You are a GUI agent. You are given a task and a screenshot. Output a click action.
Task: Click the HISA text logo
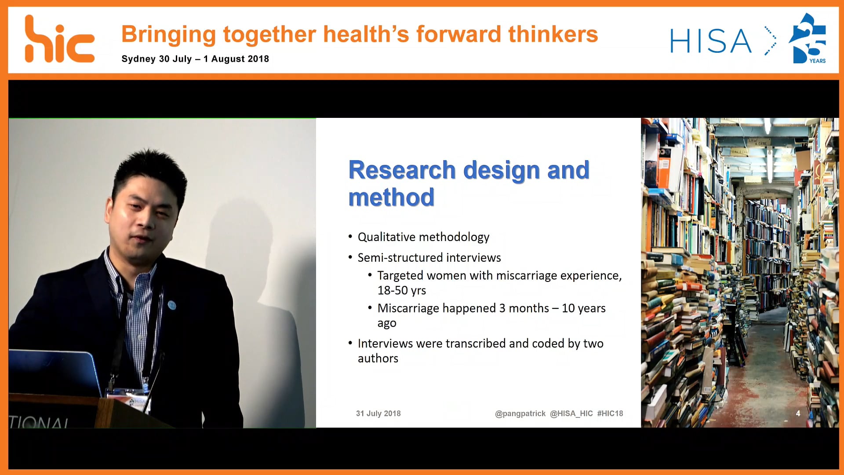point(711,41)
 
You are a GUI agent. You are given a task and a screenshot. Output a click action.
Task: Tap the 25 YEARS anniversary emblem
point(808,38)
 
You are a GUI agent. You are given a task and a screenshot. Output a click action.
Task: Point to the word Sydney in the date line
point(138,59)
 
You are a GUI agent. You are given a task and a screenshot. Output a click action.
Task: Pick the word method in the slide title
point(391,197)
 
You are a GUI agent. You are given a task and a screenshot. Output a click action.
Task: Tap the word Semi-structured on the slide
point(400,257)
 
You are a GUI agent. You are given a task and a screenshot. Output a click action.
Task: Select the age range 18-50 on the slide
point(393,290)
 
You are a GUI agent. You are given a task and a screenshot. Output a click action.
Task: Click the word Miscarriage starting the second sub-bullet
point(405,308)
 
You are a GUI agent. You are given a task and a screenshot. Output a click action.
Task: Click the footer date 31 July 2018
point(378,413)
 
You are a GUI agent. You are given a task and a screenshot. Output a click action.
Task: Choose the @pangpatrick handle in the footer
point(520,413)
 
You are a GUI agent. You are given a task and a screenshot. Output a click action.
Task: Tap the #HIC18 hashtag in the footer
point(610,413)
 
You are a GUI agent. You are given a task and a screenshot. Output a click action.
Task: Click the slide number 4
point(798,413)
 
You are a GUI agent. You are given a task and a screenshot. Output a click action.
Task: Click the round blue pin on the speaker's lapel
point(172,305)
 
